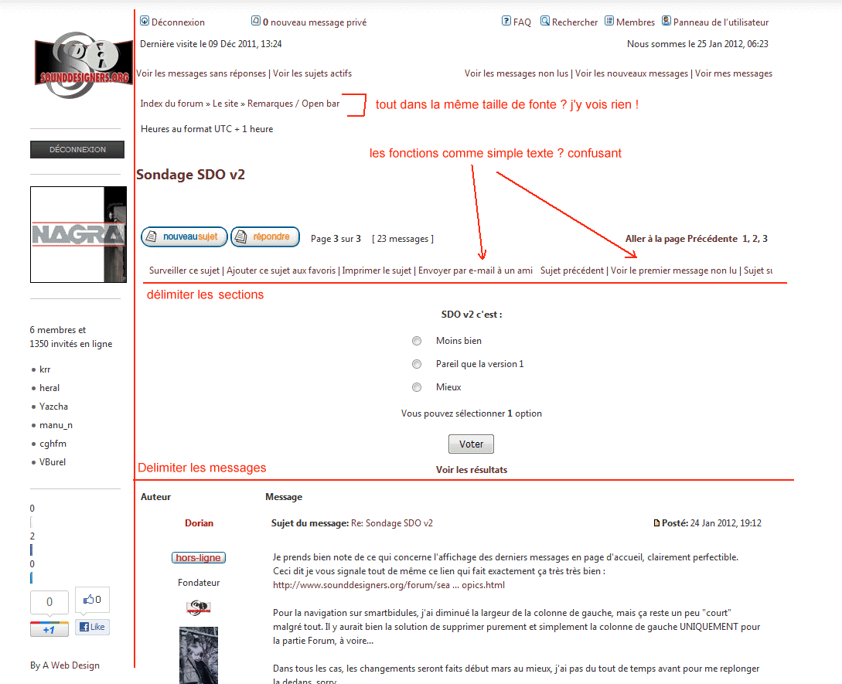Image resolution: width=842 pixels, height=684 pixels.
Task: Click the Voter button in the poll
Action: click(471, 444)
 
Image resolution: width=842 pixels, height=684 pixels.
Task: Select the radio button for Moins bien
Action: click(417, 341)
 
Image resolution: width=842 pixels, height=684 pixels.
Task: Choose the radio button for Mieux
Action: click(417, 387)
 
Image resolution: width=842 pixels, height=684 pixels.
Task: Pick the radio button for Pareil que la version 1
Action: click(417, 364)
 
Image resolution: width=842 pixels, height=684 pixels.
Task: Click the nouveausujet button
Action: click(184, 237)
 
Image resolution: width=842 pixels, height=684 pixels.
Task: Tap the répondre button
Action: click(265, 237)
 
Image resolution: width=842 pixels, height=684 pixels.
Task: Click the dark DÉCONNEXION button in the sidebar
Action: click(77, 149)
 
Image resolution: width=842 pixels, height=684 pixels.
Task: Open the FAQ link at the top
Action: click(516, 22)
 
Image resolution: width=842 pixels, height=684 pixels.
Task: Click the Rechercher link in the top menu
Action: click(568, 22)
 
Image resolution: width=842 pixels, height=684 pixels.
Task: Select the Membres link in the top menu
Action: click(630, 22)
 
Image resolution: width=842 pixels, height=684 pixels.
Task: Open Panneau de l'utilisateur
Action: click(715, 22)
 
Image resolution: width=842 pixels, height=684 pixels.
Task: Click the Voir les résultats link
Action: click(472, 470)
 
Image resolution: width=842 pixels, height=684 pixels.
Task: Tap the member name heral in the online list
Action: click(49, 388)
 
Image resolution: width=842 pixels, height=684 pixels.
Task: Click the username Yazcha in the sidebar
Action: click(53, 407)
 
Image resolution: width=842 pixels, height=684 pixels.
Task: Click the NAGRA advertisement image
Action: click(78, 234)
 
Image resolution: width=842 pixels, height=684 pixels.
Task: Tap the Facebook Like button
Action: click(92, 627)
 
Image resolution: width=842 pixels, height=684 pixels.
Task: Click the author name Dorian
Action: click(199, 523)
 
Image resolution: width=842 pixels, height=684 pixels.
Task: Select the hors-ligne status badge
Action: click(199, 558)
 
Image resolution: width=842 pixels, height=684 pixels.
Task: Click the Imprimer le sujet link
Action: click(377, 271)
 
